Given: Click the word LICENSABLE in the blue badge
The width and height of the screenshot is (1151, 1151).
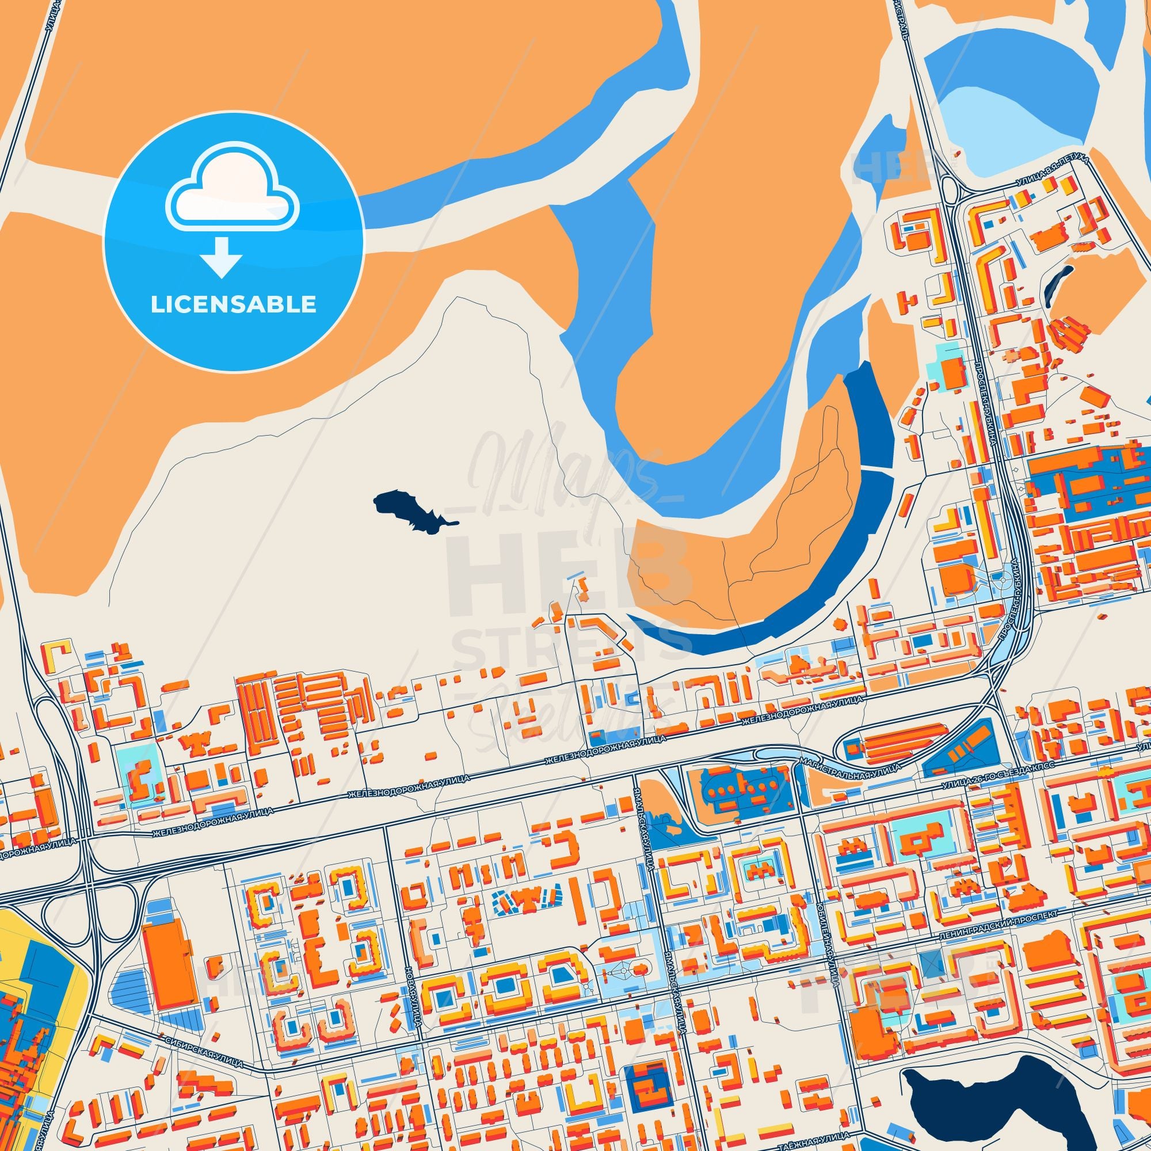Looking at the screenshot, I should point(233,304).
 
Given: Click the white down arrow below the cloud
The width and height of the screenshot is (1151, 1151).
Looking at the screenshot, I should point(221,257).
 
